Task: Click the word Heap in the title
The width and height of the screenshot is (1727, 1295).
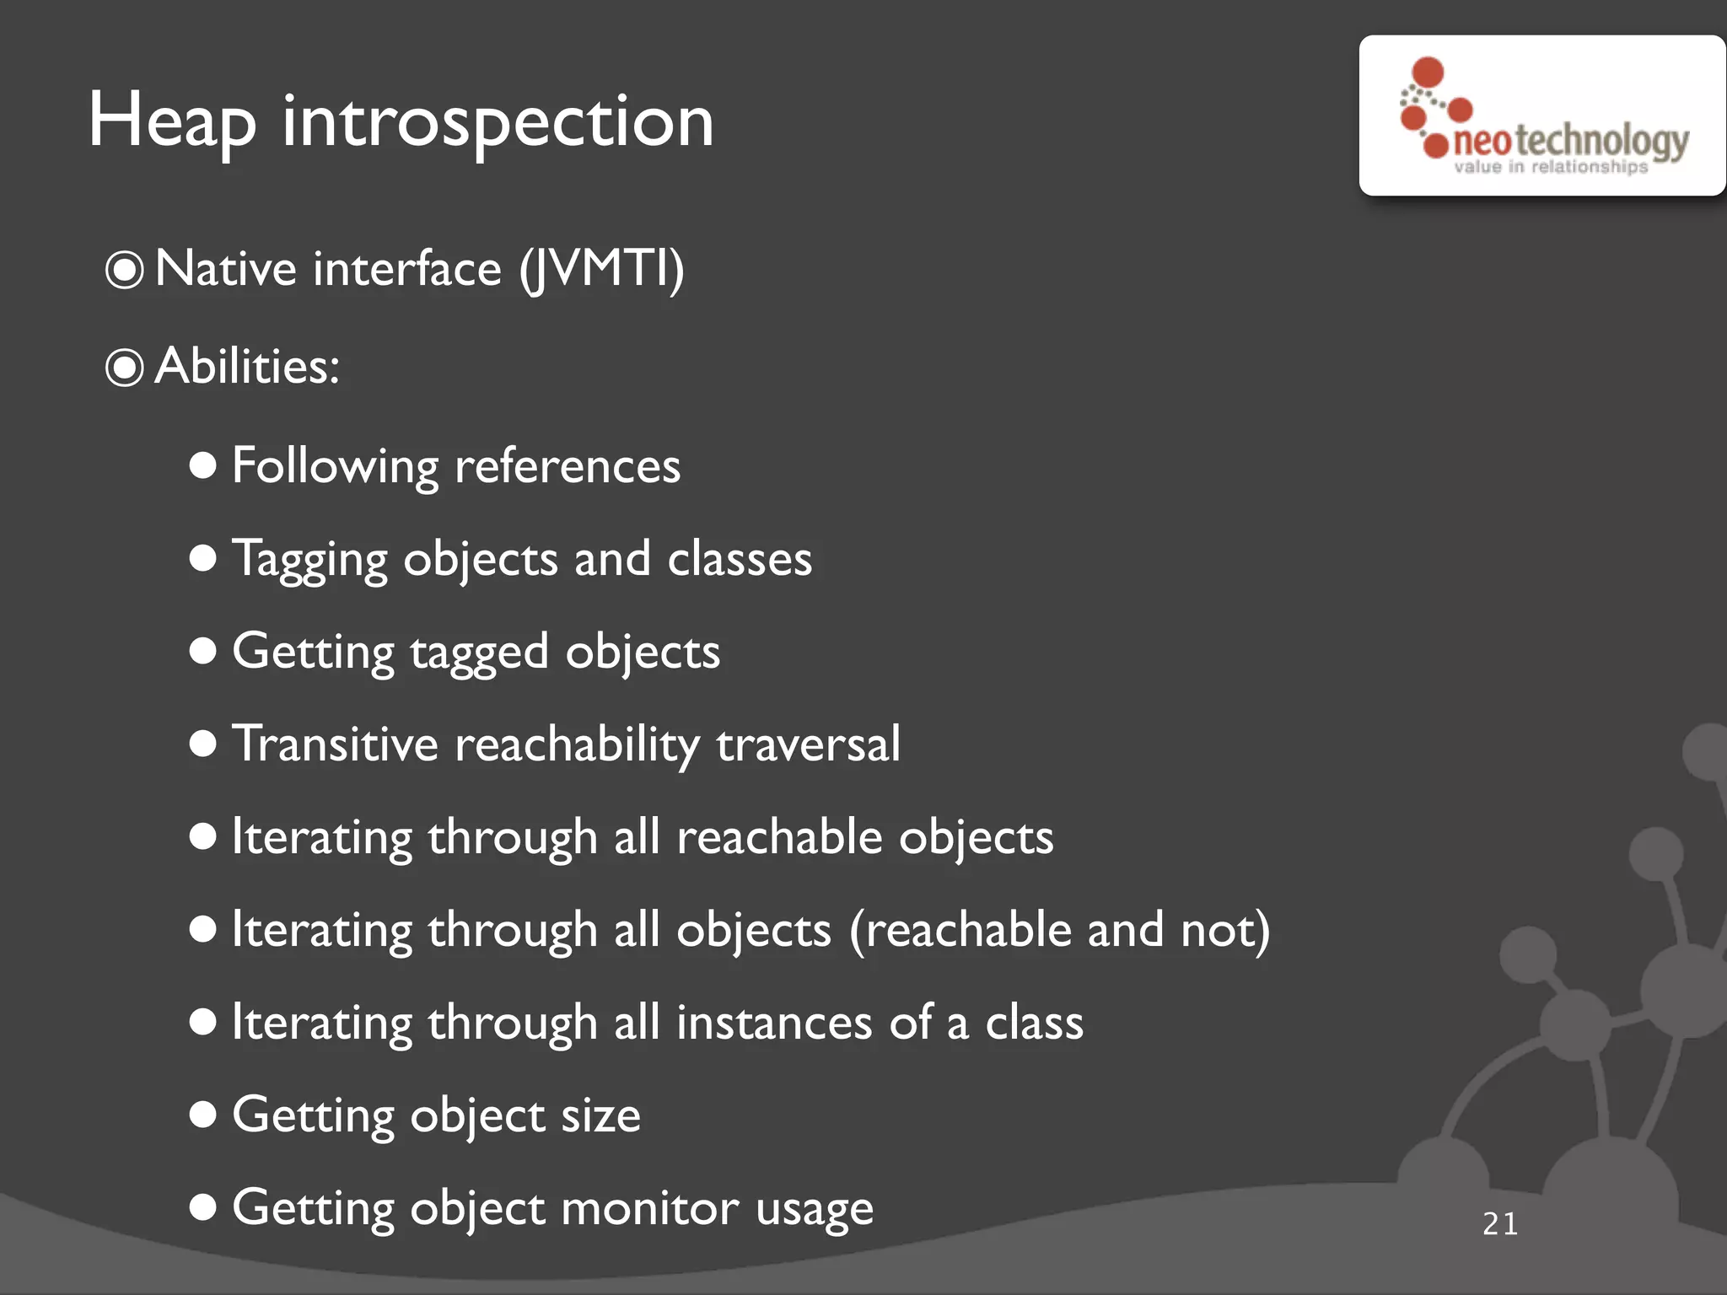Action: click(x=172, y=122)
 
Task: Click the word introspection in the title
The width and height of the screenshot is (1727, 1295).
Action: click(x=498, y=122)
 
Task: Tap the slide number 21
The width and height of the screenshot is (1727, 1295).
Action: click(x=1500, y=1224)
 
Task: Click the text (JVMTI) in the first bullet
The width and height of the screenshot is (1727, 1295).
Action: click(x=601, y=270)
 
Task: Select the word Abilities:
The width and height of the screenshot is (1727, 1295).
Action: click(x=247, y=367)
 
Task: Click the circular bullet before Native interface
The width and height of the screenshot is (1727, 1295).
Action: click(x=125, y=271)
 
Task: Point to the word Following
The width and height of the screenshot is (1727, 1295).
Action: click(x=335, y=466)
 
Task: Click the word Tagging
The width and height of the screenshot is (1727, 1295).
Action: click(x=309, y=559)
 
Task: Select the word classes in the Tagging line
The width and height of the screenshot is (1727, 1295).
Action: click(x=740, y=559)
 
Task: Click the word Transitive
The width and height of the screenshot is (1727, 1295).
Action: click(x=335, y=744)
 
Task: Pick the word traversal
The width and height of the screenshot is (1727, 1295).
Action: click(x=808, y=744)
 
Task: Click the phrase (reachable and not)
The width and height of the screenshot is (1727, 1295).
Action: click(x=1059, y=931)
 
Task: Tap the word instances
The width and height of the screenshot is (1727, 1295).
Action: click(x=774, y=1023)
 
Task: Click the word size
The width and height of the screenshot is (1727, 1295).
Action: click(x=600, y=1115)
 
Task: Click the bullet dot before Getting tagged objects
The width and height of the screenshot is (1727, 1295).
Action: click(x=203, y=651)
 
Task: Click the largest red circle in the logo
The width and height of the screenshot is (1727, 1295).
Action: click(x=1428, y=72)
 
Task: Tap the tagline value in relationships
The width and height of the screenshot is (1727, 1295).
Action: click(x=1550, y=167)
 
